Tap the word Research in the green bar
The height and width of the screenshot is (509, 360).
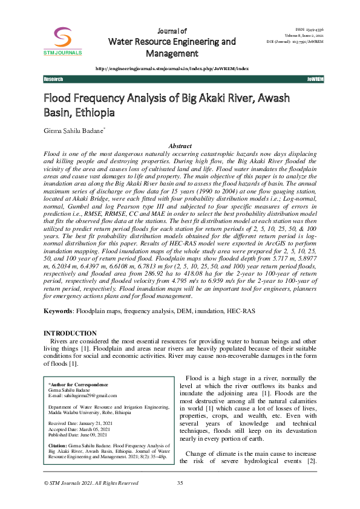tap(54, 80)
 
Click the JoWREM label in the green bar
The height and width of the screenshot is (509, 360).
tap(315, 80)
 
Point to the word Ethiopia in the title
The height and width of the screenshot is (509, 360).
tap(90, 112)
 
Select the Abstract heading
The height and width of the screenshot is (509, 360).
tap(180, 146)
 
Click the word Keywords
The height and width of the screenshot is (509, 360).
tap(57, 311)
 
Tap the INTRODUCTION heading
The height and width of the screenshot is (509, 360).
tap(70, 333)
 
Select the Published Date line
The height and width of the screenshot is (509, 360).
tap(77, 434)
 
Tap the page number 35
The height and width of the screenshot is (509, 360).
tap(180, 499)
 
